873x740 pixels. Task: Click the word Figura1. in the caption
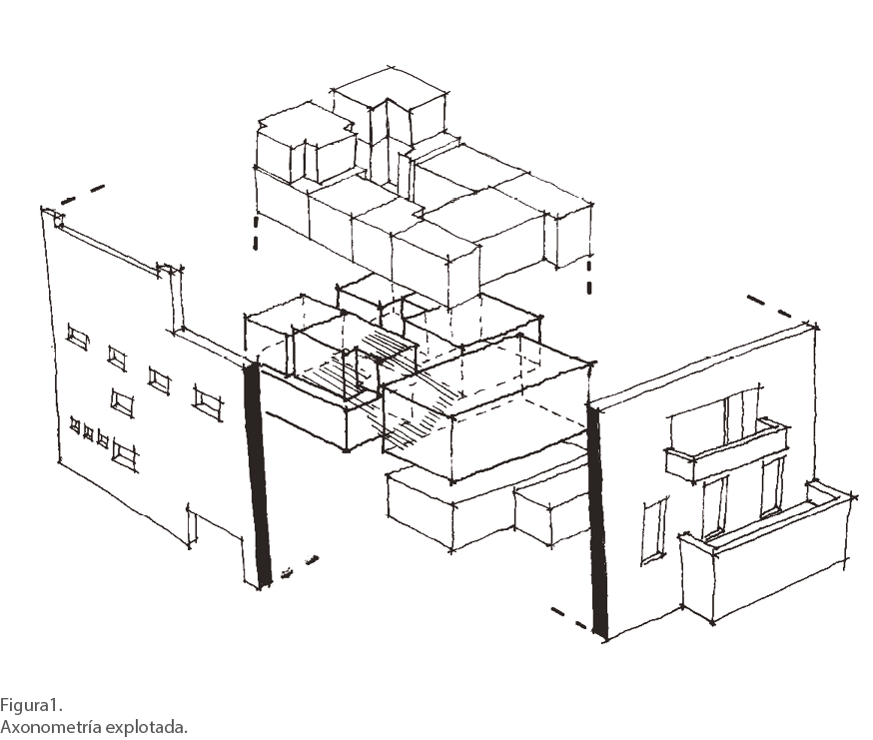point(31,705)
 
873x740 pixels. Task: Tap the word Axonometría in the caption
point(51,727)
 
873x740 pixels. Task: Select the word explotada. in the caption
point(147,727)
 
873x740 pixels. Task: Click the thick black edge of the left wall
point(258,473)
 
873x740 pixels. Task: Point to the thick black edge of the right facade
point(598,520)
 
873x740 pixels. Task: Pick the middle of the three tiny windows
point(88,432)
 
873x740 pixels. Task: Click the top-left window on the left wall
point(78,336)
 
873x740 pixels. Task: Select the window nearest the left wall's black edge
point(208,399)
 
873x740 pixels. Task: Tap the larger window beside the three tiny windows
point(125,451)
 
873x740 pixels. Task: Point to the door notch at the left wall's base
point(192,526)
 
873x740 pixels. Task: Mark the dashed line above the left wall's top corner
point(83,194)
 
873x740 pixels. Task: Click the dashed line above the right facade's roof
point(769,306)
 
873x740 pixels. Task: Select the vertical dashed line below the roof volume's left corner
point(256,234)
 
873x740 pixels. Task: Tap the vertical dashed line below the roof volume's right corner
point(589,278)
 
